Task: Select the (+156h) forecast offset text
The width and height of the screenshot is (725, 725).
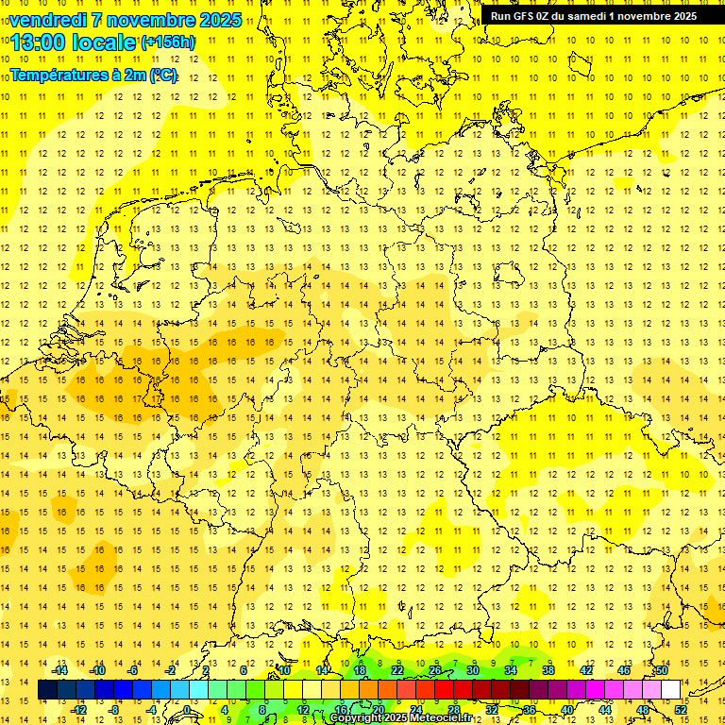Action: tap(169, 42)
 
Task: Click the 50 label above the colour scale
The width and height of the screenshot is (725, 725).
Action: tap(662, 670)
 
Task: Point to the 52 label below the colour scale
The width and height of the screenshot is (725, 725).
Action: tap(681, 710)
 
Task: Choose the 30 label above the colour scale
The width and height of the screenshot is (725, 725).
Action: tap(472, 670)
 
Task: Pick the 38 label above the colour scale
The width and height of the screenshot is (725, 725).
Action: tap(548, 670)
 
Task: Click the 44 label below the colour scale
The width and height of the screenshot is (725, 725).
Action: tap(605, 710)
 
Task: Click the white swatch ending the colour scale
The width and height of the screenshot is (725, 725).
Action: tap(670, 690)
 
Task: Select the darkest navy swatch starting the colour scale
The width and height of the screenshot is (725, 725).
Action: tap(47, 690)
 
